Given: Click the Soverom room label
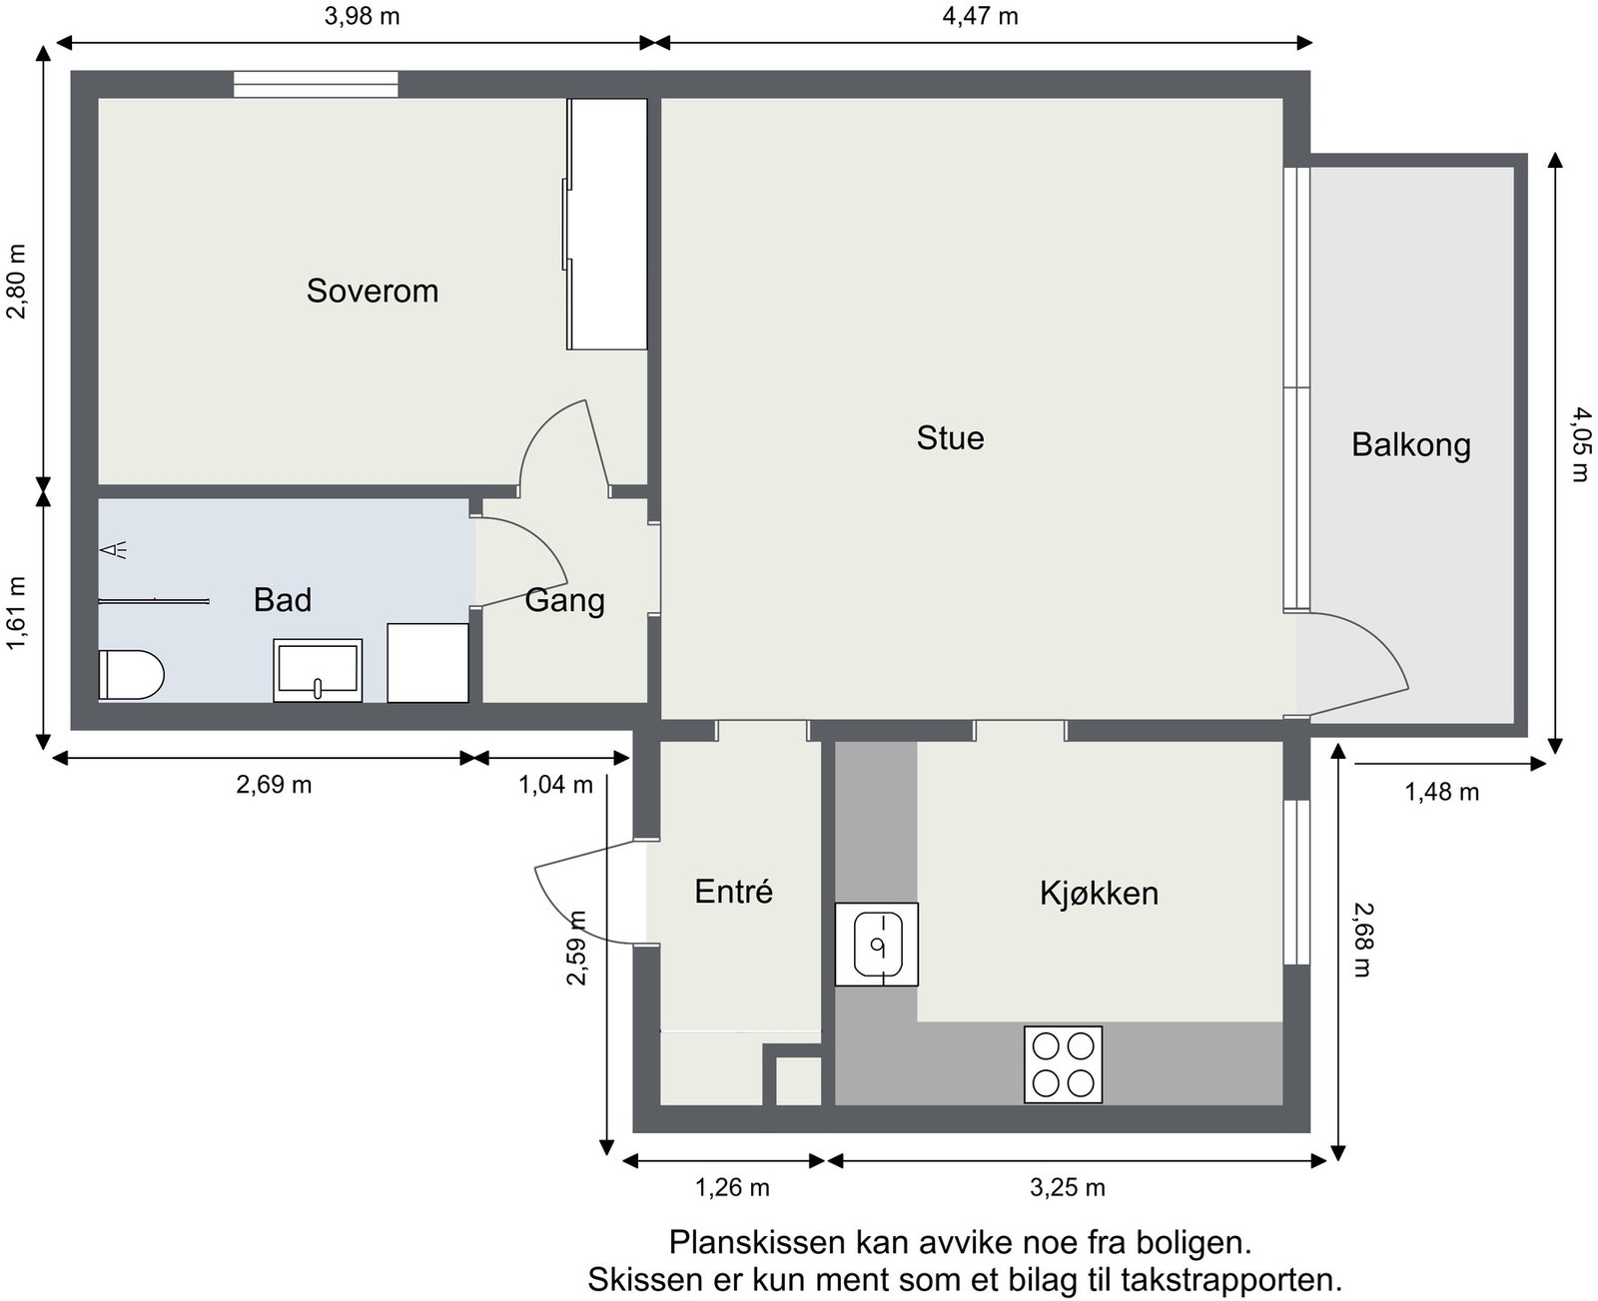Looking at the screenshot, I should point(372,291).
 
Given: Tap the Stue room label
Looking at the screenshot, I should point(950,438).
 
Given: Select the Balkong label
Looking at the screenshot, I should point(1410,444).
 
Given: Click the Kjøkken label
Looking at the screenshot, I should point(1099,893).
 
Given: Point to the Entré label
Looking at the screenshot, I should point(733,892).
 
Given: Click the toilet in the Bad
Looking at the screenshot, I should point(130,675).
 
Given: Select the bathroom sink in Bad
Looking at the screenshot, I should point(318,670).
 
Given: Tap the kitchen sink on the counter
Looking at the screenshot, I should point(876,945).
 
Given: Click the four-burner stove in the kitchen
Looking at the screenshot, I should point(1063,1064).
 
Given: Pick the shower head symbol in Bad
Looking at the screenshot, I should point(114,549).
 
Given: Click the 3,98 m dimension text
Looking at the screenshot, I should point(362,17).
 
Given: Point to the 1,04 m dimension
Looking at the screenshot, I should point(555,785).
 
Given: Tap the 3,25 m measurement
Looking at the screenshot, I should point(1067,1187).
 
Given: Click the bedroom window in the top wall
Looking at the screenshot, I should point(316,85).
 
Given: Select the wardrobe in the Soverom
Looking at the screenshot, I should point(607,224).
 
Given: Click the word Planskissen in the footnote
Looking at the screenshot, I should point(758,1243).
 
